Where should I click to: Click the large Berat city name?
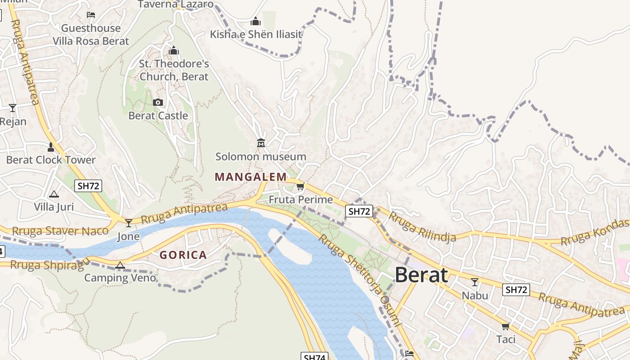[x=421, y=275]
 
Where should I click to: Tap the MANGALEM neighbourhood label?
[x=251, y=177]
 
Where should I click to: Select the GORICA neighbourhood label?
[x=183, y=255]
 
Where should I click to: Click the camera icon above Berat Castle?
[x=157, y=103]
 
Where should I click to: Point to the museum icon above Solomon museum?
[x=261, y=143]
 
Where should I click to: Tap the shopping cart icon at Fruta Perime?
[x=300, y=186]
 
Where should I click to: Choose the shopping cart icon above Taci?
[x=505, y=326]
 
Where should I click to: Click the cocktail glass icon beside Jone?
[x=129, y=223]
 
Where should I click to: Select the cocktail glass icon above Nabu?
[x=474, y=282]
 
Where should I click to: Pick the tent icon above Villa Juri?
[x=54, y=194]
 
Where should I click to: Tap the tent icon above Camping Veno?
[x=120, y=265]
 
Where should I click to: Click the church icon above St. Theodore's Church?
[x=174, y=50]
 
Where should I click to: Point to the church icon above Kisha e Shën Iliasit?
[x=256, y=21]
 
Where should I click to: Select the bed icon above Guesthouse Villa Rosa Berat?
[x=91, y=15]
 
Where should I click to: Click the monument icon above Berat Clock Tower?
[x=51, y=147]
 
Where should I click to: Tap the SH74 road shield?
[x=314, y=357]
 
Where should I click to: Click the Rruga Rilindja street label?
[x=422, y=227]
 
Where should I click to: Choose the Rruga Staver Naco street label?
[x=60, y=231]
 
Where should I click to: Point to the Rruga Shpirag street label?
[x=47, y=265]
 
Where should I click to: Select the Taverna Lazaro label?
[x=175, y=4]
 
